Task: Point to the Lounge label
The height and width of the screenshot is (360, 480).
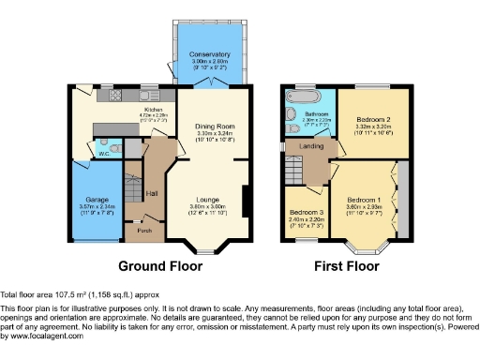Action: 209,200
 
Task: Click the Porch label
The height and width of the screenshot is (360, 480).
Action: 145,229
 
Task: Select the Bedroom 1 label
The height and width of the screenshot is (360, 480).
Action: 364,200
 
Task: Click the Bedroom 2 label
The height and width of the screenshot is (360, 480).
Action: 373,120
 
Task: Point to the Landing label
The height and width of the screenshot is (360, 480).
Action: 310,145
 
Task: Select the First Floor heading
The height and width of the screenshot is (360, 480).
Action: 345,264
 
